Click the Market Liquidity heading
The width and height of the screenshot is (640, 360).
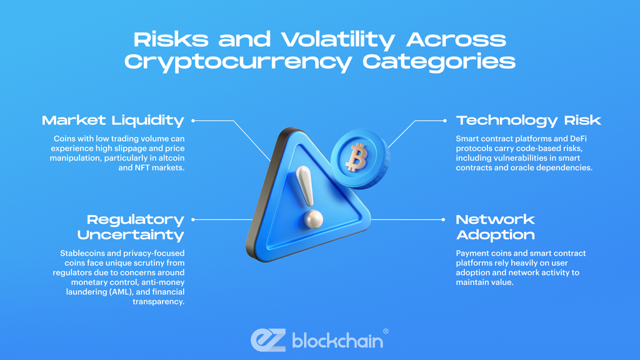[x=113, y=120]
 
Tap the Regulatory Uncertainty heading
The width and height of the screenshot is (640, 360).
[x=131, y=227]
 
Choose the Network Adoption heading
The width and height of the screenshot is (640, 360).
[x=495, y=227]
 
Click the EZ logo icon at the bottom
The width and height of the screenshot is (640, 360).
[x=268, y=339]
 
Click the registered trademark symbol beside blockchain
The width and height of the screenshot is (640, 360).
[x=385, y=331]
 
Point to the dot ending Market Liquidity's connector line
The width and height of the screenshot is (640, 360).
[x=192, y=120]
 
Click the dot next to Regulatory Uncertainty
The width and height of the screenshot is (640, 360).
[x=192, y=219]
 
